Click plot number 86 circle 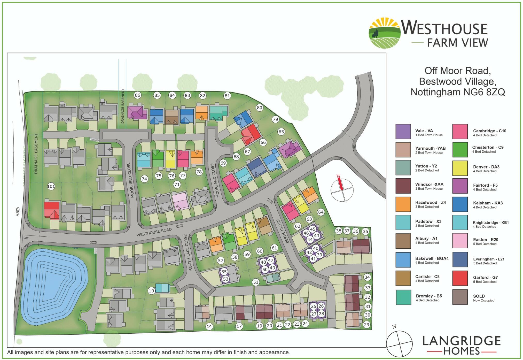pos(137,95)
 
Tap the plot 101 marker pos(51,186)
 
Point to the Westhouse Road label pos(154,232)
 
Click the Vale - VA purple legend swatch pos(403,132)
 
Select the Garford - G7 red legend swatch pos(460,278)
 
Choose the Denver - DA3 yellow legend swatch pos(460,168)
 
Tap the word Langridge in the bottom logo pos(461,341)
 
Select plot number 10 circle pos(151,291)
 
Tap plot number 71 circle pos(177,185)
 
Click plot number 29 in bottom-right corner pos(366,325)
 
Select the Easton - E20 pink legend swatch pos(460,241)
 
